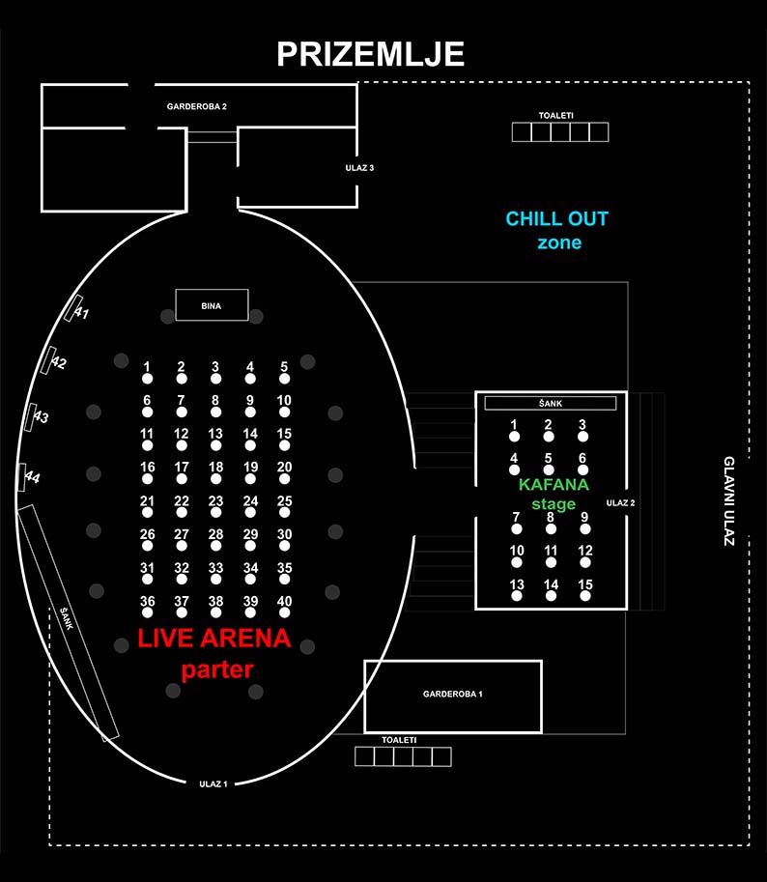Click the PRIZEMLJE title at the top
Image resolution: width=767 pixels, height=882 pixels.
click(370, 54)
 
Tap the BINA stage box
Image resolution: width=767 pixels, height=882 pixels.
click(212, 305)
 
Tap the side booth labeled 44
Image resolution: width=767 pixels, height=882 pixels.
click(24, 477)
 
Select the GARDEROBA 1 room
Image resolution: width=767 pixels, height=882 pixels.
click(452, 695)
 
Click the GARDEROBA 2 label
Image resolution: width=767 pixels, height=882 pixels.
click(196, 106)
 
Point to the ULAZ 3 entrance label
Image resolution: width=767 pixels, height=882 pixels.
click(359, 168)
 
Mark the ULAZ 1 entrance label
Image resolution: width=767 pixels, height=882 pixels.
click(213, 783)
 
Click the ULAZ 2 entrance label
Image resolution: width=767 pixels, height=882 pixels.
click(620, 502)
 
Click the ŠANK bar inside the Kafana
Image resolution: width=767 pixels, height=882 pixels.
click(550, 403)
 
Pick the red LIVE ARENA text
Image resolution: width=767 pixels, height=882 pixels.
click(213, 639)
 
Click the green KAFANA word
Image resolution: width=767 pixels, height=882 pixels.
click(554, 485)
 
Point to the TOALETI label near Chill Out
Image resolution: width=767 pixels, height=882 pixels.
click(556, 116)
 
